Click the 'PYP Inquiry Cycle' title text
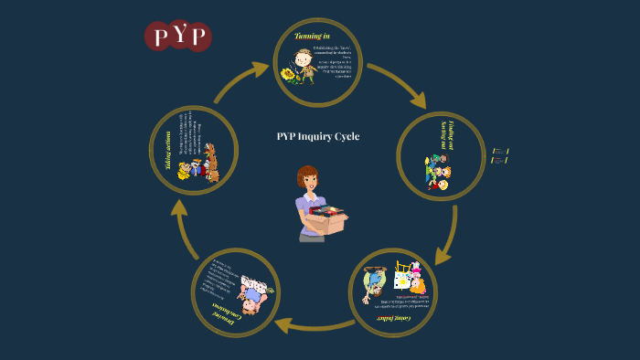coord(318,136)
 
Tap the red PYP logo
coord(178,37)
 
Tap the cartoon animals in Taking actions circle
coord(199,164)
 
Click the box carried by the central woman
coord(330,219)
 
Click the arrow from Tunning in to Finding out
coord(398,85)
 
